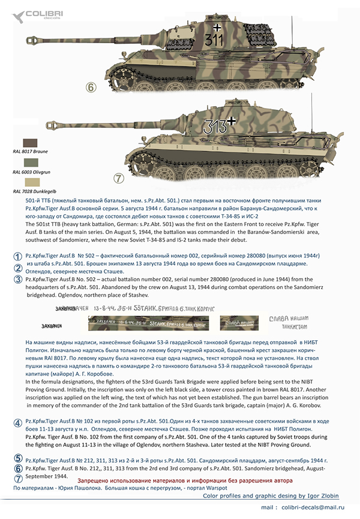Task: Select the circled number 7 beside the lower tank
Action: tap(118, 178)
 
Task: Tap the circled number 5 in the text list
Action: tap(19, 458)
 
